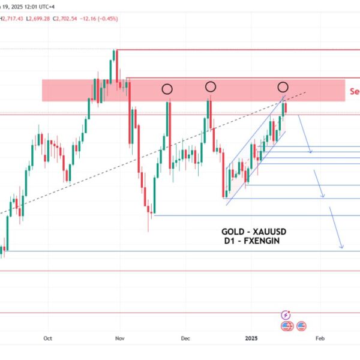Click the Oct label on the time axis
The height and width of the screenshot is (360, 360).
[x=49, y=338]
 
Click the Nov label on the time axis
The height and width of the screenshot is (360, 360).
[x=119, y=338]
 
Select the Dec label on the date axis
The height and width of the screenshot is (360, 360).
[x=185, y=338]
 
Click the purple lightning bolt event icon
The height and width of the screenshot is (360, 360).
[x=286, y=314]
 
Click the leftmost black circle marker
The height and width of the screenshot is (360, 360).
[x=167, y=89]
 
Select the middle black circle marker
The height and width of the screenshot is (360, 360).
[x=211, y=87]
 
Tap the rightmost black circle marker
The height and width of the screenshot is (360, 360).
[x=283, y=86]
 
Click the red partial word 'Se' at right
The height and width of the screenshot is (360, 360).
[x=355, y=92]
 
